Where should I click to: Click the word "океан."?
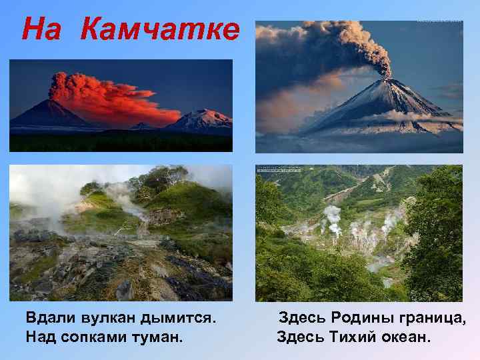click(x=407, y=337)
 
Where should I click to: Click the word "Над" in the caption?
click(x=40, y=337)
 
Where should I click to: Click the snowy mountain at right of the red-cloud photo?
click(x=203, y=121)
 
